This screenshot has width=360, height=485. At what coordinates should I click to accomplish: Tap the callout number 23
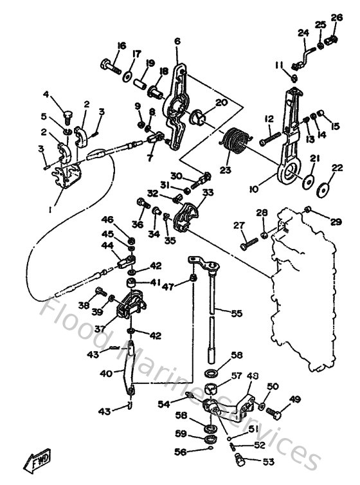(x=225, y=170)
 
